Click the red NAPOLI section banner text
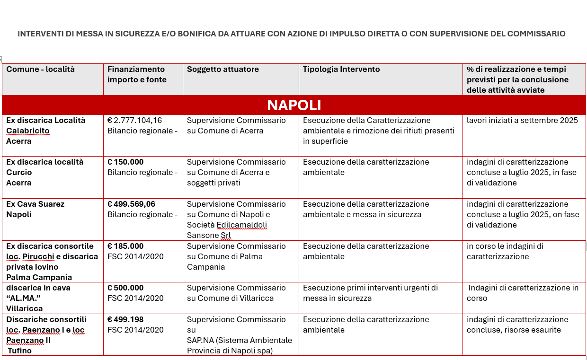pos(294,105)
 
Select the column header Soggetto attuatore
pos(222,70)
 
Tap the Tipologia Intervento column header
pos(341,70)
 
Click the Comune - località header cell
pos(41,70)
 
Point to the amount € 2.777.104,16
pos(135,121)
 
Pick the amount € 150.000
pos(125,162)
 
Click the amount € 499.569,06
pos(131,204)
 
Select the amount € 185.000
pos(125,246)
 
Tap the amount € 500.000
pos(125,288)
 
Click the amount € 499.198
pos(125,320)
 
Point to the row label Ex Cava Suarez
pos(36,204)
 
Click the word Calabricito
pos(28,131)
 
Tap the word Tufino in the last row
pos(20,351)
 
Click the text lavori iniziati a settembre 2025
pos(522,121)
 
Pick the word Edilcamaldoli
pos(241,225)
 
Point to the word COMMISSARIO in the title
pos(536,34)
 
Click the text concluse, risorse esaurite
pos(514,330)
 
